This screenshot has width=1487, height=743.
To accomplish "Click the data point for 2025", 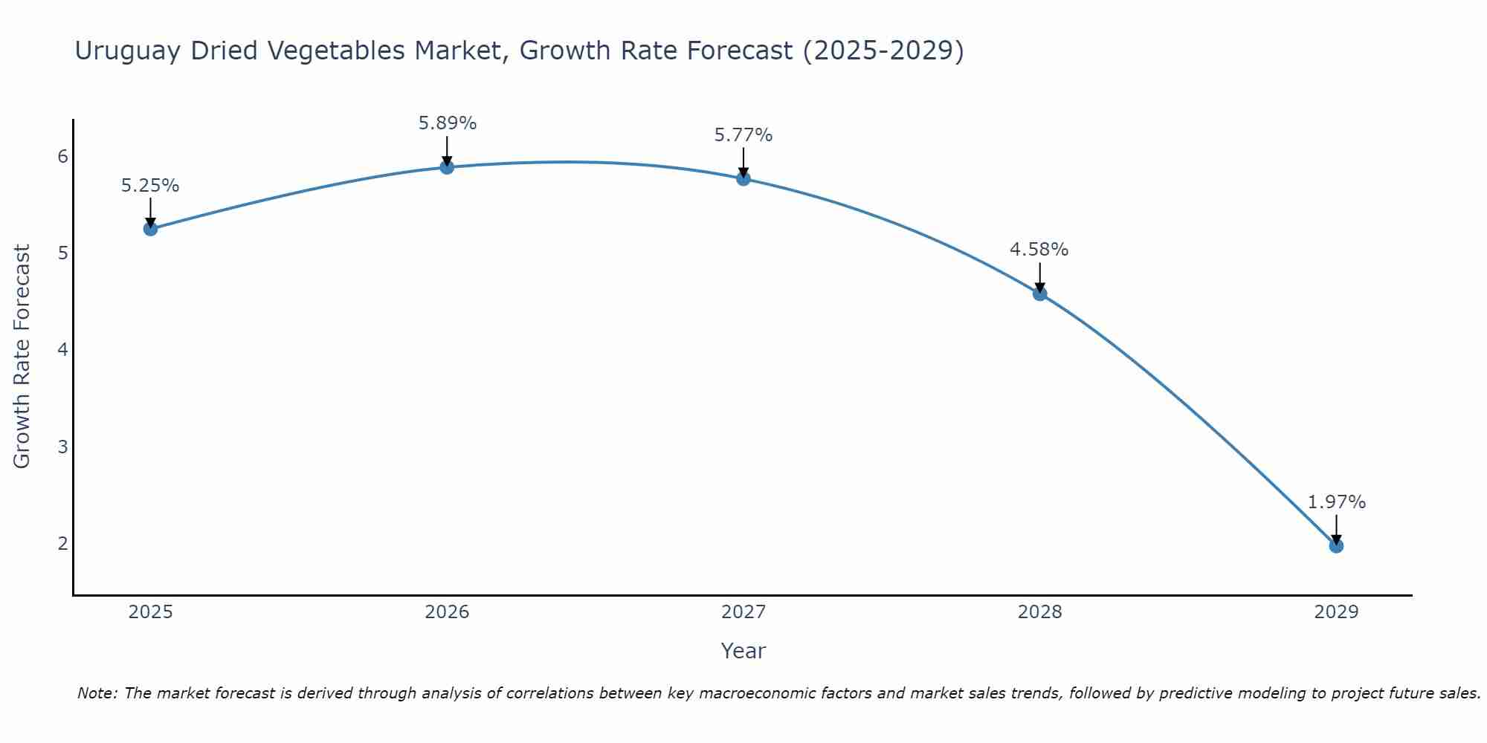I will tap(150, 229).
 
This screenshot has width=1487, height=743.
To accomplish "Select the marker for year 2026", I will tap(447, 167).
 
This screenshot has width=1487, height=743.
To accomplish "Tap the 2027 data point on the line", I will tap(743, 178).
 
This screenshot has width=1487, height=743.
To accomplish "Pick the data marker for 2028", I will tap(1040, 293).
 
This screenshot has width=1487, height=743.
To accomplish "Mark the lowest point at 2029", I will tap(1336, 546).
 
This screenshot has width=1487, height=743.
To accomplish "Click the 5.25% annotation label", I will tap(150, 186).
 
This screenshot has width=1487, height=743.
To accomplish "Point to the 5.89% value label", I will tap(447, 123).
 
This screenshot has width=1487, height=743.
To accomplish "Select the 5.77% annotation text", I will tap(743, 135).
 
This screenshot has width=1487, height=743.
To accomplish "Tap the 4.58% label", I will tap(1039, 250).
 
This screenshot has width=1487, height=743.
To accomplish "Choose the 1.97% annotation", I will tap(1336, 502).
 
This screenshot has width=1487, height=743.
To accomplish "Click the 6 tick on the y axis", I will tap(62, 156).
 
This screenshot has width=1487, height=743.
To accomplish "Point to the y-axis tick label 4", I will tap(62, 349).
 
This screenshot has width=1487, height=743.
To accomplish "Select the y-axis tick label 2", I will tap(62, 543).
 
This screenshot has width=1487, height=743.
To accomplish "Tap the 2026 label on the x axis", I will tap(447, 612).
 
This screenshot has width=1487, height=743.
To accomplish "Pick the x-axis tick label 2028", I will tap(1040, 612).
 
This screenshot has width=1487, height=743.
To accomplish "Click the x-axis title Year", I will tap(743, 651).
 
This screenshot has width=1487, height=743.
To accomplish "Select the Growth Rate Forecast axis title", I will tap(22, 357).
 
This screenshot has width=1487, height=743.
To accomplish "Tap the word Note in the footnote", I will tap(96, 693).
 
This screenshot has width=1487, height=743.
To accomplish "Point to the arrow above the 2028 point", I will tap(1040, 277).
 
